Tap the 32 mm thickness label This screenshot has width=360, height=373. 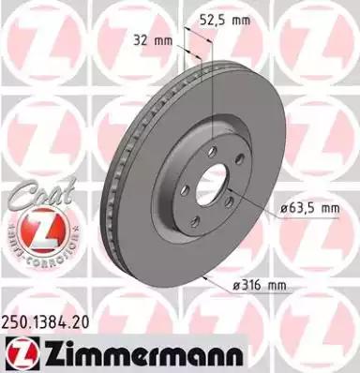[149, 40]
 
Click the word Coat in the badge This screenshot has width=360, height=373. [32, 195]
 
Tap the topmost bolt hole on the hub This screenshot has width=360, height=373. [210, 151]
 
